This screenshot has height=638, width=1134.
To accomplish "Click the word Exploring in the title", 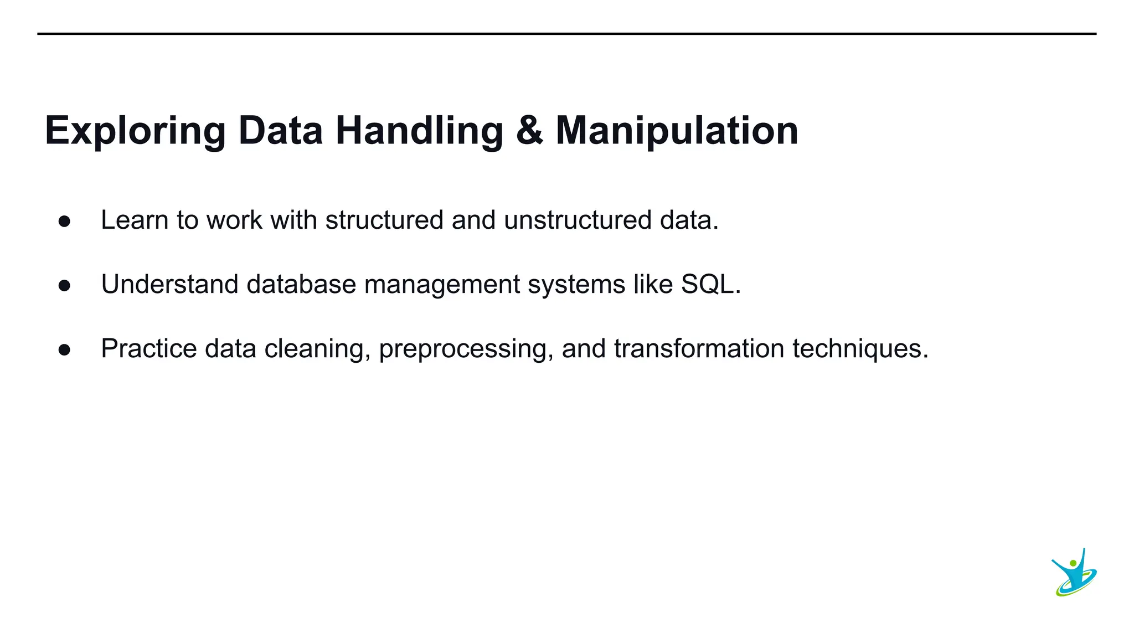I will tap(135, 132).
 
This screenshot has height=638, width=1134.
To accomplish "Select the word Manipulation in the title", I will tap(677, 132).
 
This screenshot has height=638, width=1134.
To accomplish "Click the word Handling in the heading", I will tap(419, 132).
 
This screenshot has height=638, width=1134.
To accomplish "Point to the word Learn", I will tap(135, 220).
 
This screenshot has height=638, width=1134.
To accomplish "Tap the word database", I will tap(301, 284).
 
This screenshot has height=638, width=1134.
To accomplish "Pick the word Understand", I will tap(169, 284).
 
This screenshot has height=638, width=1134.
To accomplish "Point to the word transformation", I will tap(699, 348).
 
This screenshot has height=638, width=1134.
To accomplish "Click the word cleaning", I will tap(314, 349).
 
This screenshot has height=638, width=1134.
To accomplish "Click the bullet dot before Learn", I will tap(64, 222).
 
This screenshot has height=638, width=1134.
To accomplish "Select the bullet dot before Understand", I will tap(64, 286).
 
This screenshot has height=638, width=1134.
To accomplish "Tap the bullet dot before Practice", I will tap(64, 350).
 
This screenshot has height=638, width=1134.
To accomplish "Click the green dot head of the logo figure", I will tap(1073, 563).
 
